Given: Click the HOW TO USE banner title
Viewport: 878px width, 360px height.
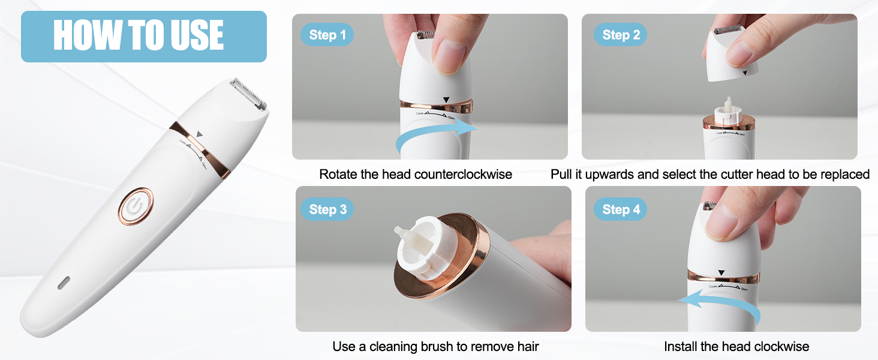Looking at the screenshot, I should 139,35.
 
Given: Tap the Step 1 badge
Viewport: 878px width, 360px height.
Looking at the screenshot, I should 327,35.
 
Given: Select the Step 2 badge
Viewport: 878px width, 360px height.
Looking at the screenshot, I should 621,35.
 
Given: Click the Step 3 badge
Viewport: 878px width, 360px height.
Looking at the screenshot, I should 328,209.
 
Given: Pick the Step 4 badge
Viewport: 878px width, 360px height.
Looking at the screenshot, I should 621,209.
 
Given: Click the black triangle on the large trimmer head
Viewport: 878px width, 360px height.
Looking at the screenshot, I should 200,135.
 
